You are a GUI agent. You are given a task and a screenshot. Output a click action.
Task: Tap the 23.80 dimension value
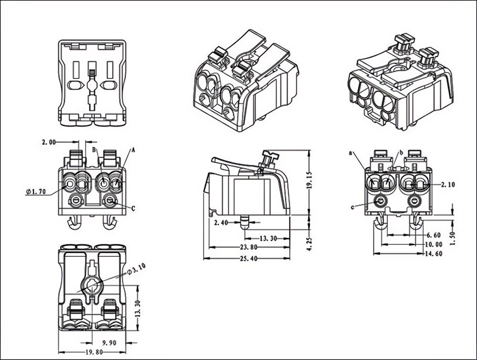(249, 247)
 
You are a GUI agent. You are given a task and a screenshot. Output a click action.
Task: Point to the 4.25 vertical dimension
(310, 244)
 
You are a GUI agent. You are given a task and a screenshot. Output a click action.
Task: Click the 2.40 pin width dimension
(221, 222)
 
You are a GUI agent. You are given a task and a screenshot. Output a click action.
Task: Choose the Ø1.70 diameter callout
(36, 191)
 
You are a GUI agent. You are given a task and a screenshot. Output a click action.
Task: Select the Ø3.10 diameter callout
(136, 269)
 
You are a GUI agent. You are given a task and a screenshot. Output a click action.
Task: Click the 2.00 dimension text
(49, 142)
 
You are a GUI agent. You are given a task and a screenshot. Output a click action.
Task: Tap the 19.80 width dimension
(94, 352)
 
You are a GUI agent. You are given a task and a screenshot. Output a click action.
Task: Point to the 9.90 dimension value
(109, 343)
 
